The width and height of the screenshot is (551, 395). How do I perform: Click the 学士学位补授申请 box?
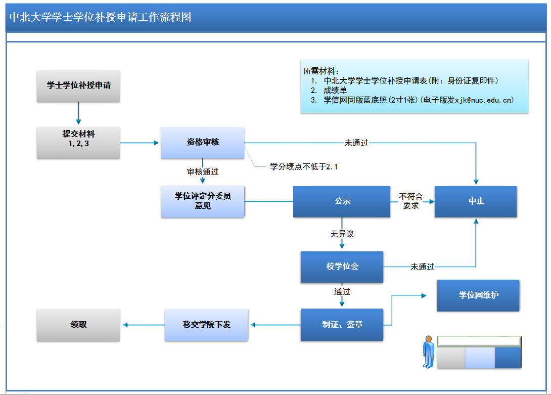click(x=78, y=85)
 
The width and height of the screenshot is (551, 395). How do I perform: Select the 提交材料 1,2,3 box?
click(x=78, y=142)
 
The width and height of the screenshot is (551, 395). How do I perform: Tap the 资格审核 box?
click(x=202, y=142)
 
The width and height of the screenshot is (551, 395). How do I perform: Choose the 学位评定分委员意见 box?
click(x=202, y=201)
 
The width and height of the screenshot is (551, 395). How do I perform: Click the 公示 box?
click(x=342, y=201)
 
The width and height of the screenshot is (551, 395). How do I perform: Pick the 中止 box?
click(x=476, y=201)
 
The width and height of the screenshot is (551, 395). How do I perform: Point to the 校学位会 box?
click(x=342, y=267)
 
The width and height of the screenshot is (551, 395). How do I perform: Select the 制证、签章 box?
click(x=342, y=325)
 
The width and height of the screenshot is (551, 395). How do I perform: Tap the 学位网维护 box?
click(x=478, y=295)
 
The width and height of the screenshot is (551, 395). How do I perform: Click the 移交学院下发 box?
click(x=206, y=325)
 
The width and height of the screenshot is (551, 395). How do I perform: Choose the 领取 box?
click(x=78, y=325)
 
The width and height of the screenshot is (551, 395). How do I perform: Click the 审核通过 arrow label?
click(x=203, y=172)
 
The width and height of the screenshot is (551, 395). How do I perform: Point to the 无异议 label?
click(x=342, y=234)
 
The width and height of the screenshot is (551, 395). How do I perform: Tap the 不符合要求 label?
click(x=411, y=201)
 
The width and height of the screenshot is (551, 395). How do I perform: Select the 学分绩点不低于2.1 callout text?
click(x=303, y=166)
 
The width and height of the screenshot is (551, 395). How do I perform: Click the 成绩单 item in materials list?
click(x=336, y=91)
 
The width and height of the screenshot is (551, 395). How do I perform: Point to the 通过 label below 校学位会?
click(x=342, y=292)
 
